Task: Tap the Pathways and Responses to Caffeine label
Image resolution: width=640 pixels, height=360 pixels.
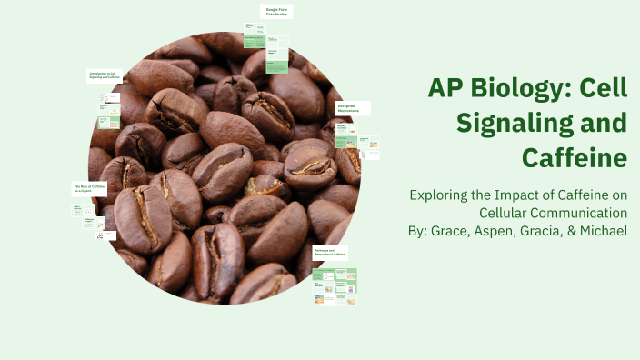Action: coord(331,253)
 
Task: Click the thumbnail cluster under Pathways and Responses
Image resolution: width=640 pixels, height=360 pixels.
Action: coord(335,286)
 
